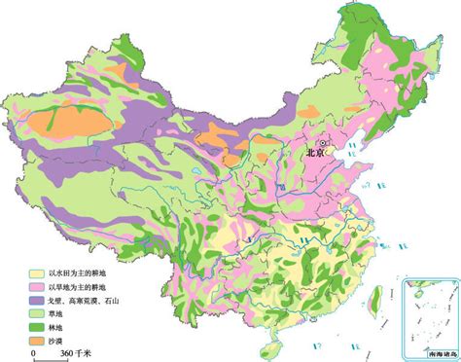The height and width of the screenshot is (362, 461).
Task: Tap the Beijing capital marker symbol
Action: coord(326,141)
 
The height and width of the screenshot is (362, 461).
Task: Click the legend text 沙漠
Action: coord(60,342)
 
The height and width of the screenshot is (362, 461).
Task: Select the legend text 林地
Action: coord(60,328)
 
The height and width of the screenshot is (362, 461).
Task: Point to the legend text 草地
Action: coord(60,315)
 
